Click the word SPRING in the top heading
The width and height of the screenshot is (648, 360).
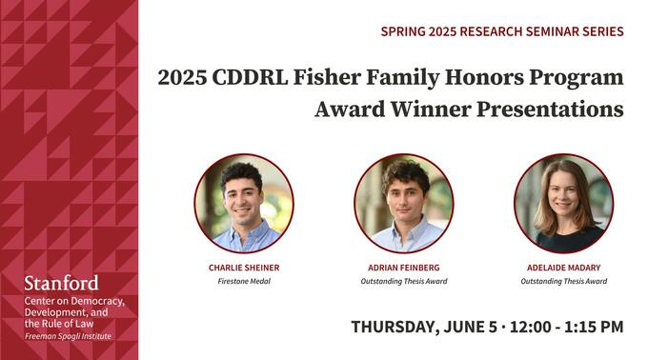click(403, 31)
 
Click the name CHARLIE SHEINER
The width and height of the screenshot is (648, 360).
click(244, 268)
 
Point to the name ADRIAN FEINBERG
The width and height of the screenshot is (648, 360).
click(404, 268)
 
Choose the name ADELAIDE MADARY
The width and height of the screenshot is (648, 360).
click(564, 268)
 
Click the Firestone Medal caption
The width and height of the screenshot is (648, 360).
click(244, 281)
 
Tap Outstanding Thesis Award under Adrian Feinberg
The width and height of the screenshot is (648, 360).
click(404, 281)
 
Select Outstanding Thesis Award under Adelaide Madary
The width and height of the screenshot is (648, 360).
click(564, 281)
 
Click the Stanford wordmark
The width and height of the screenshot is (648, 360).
click(60, 283)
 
